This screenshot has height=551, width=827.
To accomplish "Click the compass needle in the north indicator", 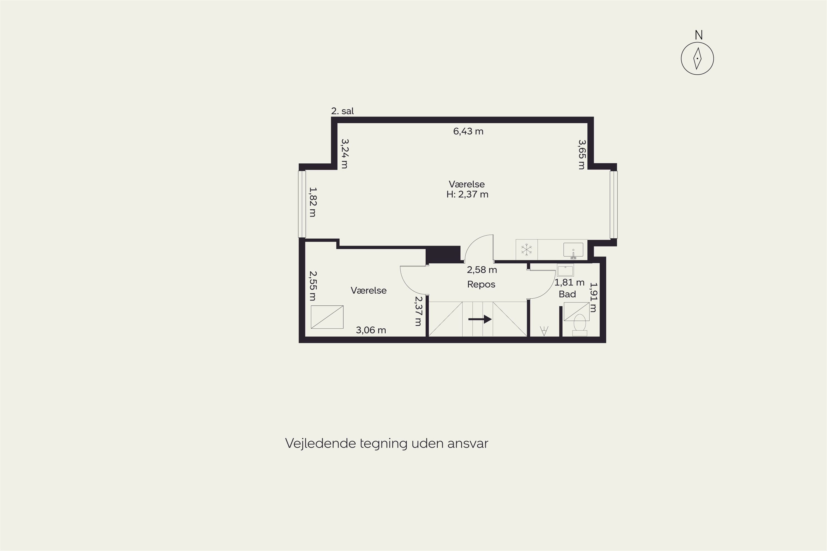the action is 697,59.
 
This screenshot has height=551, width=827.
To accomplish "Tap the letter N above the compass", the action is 699,35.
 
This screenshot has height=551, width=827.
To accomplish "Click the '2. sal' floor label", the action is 342,111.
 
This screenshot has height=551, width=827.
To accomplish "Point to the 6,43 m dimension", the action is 468,131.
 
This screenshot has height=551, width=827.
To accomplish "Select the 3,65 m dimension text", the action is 582,155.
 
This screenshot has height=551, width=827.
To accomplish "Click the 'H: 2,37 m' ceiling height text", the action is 467,194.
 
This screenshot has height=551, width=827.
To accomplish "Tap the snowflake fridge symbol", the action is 526,250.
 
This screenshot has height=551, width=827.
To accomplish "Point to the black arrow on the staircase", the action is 480,319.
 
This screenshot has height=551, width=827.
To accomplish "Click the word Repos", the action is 481,284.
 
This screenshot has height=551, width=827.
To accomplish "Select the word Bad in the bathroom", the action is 567,294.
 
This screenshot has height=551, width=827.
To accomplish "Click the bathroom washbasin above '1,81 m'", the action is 565,270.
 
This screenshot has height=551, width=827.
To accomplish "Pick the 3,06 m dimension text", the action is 371,330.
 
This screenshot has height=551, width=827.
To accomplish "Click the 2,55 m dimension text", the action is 313,286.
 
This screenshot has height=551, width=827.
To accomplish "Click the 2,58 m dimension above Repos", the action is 482,270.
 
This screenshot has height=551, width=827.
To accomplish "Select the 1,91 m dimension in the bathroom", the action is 593,297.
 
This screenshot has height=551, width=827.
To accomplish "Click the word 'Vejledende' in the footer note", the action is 321,444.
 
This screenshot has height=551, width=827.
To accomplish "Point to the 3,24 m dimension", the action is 345,153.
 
